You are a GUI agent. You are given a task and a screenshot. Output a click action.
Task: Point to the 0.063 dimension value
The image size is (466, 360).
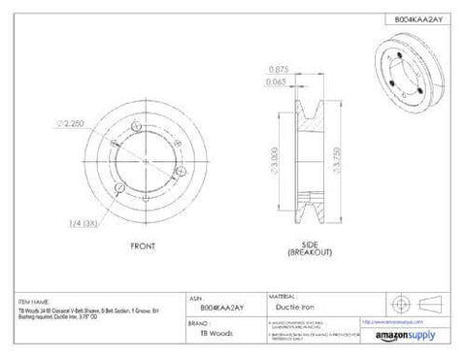point(276,83)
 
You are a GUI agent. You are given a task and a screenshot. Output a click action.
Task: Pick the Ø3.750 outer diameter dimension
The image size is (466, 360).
point(337,157)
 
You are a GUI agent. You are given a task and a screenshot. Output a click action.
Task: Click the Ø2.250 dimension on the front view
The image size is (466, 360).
point(73,123)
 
